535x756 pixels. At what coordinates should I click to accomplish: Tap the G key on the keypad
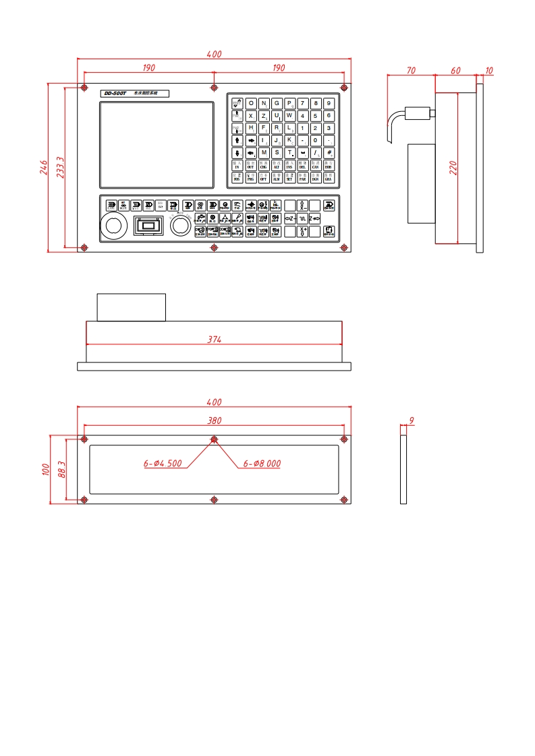(x=277, y=103)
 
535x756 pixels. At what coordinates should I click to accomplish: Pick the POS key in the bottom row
(x=237, y=178)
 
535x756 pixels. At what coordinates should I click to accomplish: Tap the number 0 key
(x=315, y=140)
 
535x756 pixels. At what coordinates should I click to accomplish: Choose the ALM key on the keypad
(x=277, y=178)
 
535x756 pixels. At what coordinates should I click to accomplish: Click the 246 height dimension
(x=43, y=167)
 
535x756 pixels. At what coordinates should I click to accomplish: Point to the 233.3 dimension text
(x=60, y=167)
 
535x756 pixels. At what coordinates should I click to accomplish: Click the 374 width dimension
(x=214, y=340)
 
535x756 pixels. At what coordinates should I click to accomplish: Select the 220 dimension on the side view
(x=453, y=167)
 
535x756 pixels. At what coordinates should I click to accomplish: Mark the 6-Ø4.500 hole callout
(x=162, y=464)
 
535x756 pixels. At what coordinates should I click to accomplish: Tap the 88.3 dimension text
(x=61, y=470)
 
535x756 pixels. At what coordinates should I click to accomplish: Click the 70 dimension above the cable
(x=410, y=70)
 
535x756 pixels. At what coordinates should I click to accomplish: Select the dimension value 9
(x=411, y=421)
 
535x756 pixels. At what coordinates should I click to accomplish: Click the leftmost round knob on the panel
(x=114, y=226)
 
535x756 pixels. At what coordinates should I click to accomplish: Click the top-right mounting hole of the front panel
(x=345, y=88)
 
